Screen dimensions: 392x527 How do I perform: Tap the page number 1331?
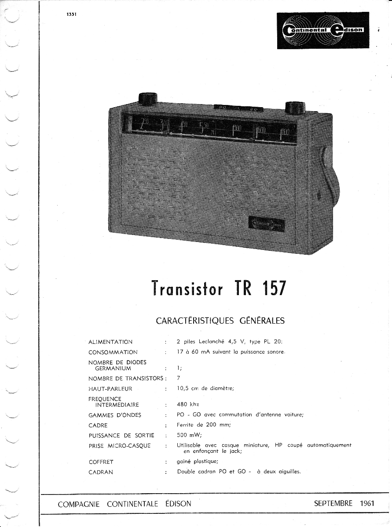pos(72,14)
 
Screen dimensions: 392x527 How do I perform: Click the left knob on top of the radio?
pos(148,99)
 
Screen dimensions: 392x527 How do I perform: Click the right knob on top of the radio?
pos(295,107)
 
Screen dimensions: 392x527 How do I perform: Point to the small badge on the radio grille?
pos(267,224)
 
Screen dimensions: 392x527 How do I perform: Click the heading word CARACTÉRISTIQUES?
pos(194,321)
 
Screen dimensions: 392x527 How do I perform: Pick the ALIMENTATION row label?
pos(110,342)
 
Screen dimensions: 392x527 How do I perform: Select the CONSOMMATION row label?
pos(113,352)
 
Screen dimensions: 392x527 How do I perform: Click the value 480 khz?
pos(188,404)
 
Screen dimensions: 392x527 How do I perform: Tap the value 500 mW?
pos(189,435)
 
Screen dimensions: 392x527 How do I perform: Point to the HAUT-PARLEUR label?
pos(110,389)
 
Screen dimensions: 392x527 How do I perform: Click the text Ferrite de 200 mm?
pos(204,425)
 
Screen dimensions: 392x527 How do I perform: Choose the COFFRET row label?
pos(101,462)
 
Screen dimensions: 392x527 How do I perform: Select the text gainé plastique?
pos(197,462)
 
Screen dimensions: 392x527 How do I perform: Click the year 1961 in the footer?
pos(366,503)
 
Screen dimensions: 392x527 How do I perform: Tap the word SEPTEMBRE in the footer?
pos(333,503)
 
